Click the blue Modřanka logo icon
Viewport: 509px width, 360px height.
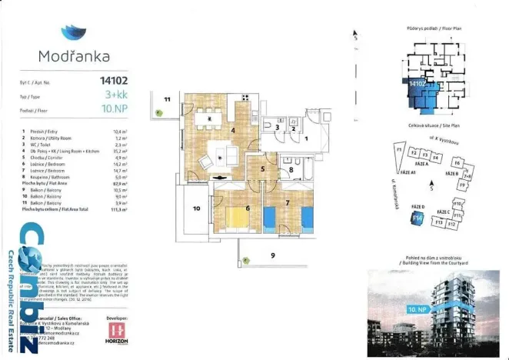(73, 32)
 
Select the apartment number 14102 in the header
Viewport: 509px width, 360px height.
(113, 78)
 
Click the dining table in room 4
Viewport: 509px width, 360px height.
(208, 117)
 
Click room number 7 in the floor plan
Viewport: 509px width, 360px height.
(286, 202)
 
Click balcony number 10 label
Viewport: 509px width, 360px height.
(196, 208)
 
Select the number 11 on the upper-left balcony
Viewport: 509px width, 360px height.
(166, 99)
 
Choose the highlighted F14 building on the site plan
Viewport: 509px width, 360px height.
(418, 218)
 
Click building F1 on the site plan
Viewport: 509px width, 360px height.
(400, 149)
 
